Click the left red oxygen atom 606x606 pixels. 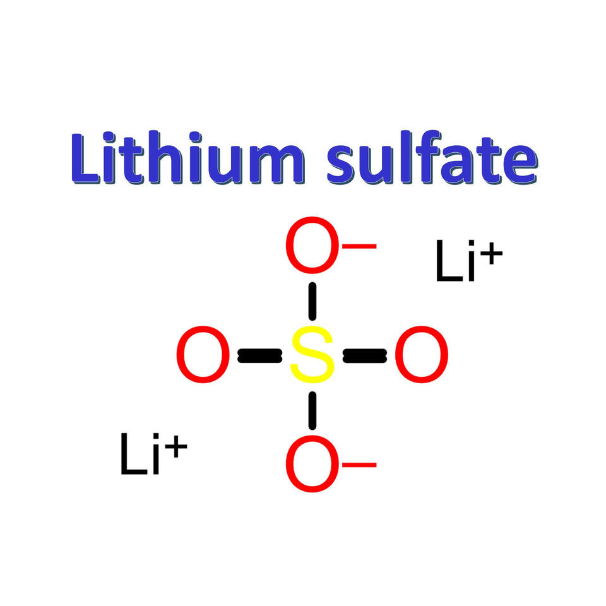(x=203, y=355)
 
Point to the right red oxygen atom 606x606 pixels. (x=421, y=355)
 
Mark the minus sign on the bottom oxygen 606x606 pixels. (x=360, y=465)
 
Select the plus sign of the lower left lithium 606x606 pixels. (x=177, y=448)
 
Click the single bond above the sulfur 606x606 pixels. (x=312, y=301)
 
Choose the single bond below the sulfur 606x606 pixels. (x=312, y=412)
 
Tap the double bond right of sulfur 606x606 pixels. (x=364, y=357)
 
